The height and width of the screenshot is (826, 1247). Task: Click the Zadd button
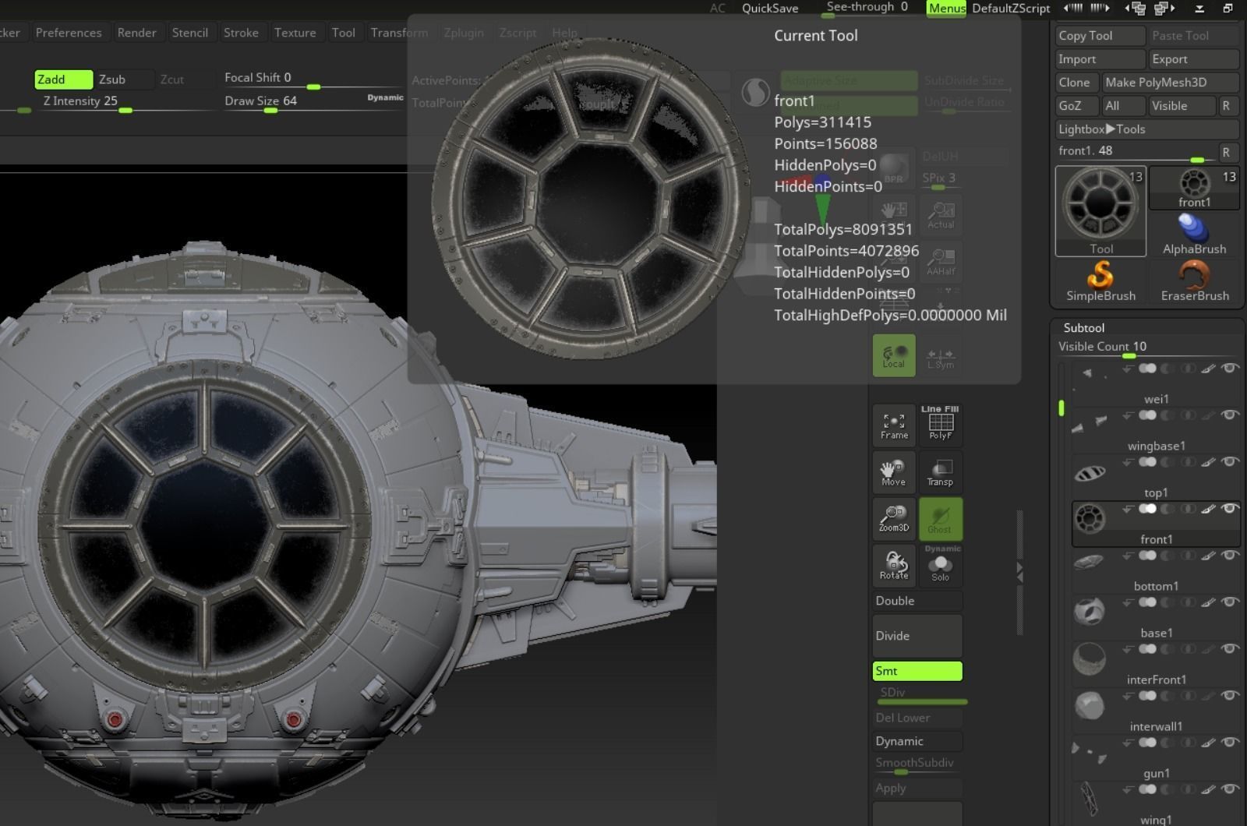[x=63, y=79]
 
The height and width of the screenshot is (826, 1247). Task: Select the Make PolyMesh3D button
[x=1169, y=83]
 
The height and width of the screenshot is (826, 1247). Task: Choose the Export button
[x=1192, y=59]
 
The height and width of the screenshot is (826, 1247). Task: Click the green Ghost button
[x=940, y=519]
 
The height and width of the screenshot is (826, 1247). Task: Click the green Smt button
[x=917, y=671]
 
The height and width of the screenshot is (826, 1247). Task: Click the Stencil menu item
[x=189, y=33]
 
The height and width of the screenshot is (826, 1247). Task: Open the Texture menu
[x=295, y=33]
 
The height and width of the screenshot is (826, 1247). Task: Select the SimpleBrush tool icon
[x=1100, y=281]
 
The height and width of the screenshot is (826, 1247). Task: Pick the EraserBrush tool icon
[x=1194, y=281]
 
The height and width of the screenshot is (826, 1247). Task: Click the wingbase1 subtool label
[x=1156, y=446]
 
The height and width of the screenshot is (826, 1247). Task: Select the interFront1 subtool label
[x=1156, y=680]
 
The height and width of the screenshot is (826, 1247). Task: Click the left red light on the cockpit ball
[x=115, y=718]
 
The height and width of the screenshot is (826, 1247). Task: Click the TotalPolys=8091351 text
[x=843, y=230]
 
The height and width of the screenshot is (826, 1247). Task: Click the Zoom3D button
[x=893, y=518]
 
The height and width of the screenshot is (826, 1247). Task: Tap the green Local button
[x=893, y=356]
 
